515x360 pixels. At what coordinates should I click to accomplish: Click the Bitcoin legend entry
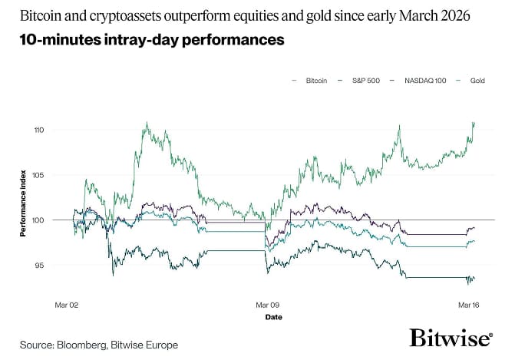point(312,80)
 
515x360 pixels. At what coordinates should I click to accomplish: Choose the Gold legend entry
point(477,80)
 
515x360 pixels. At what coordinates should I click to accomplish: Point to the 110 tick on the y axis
point(59,130)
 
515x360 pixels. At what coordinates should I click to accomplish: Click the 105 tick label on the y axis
point(59,175)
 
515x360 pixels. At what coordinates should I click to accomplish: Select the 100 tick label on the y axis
point(59,220)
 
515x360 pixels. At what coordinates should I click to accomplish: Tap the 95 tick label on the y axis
point(61,266)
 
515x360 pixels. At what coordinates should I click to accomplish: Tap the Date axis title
point(273,316)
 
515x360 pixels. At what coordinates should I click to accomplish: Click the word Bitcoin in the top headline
point(38,15)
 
